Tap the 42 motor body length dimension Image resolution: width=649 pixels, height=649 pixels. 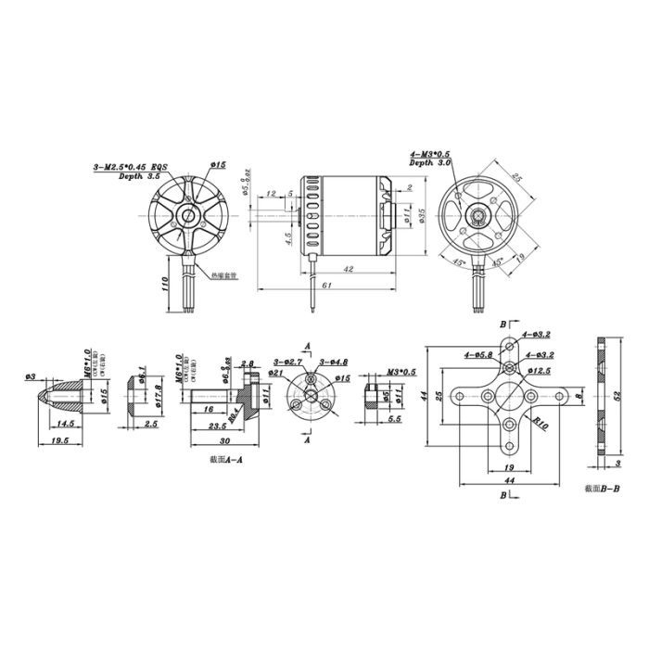point(349,269)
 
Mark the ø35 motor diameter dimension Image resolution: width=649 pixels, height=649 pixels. point(421,215)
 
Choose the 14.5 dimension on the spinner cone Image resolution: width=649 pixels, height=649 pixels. point(66,423)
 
